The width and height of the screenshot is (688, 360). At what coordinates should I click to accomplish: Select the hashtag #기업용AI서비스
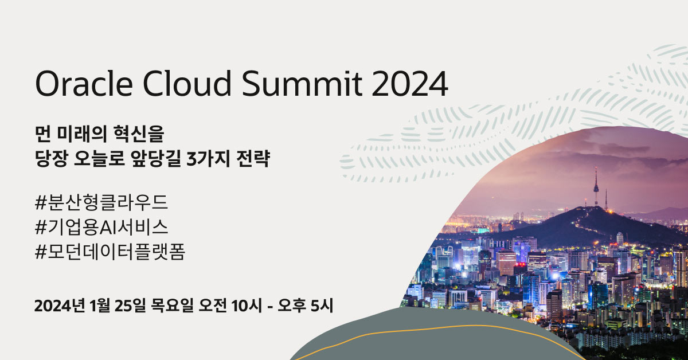101,228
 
